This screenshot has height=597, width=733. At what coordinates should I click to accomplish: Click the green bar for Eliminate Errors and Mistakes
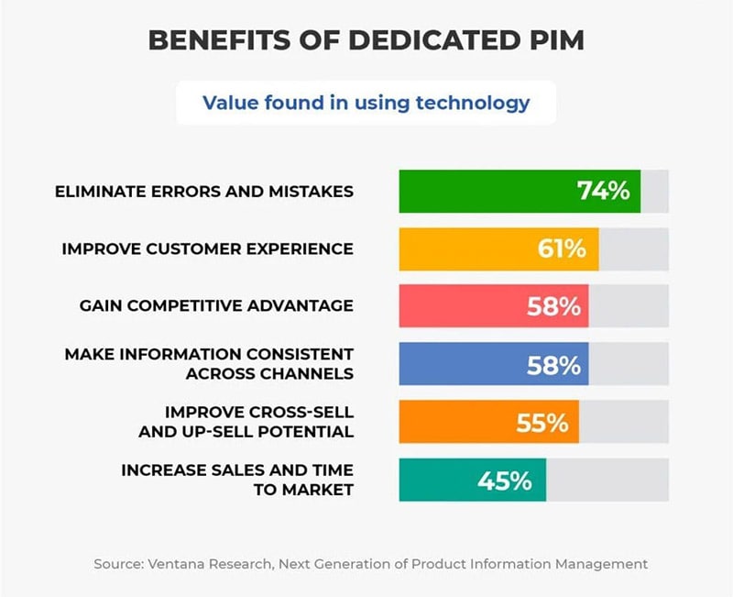point(486,191)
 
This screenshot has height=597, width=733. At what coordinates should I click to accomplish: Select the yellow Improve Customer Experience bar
point(467,249)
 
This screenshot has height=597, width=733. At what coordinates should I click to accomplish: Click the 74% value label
point(603,191)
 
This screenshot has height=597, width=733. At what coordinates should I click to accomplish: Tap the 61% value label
point(562,249)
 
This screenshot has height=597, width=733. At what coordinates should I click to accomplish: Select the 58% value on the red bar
point(553,306)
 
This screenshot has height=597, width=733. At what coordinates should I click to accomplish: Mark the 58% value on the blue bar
point(553,364)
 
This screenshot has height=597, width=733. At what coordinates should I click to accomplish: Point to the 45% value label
point(504,480)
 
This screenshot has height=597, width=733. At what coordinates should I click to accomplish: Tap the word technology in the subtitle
point(473,102)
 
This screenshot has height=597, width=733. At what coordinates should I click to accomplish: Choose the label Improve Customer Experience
point(207,249)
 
